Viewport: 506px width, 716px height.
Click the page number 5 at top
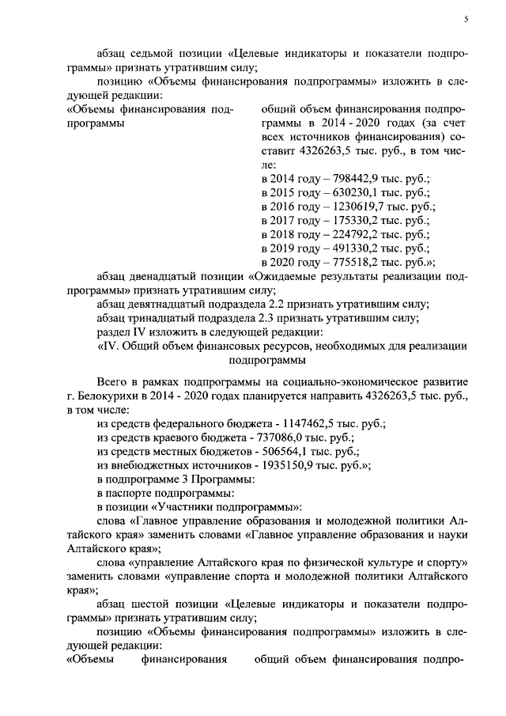click(x=466, y=21)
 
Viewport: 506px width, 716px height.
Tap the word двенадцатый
click(x=168, y=276)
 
